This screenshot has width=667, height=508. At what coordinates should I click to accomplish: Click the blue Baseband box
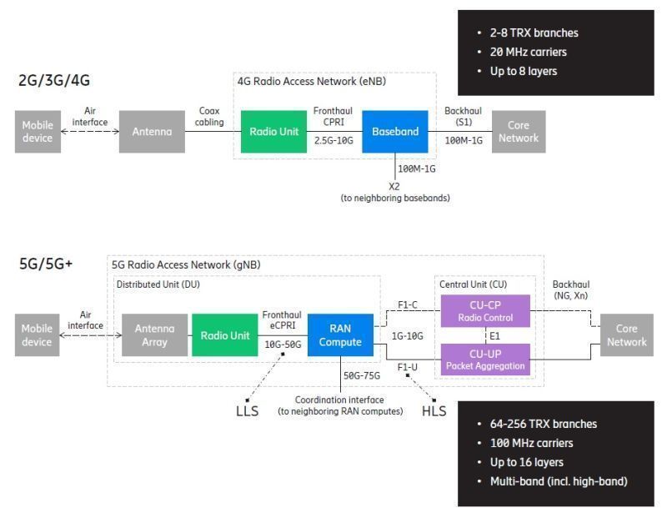click(394, 132)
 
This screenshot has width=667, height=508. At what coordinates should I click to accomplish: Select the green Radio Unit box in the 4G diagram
click(273, 132)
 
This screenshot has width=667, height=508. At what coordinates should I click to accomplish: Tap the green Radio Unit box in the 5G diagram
click(224, 334)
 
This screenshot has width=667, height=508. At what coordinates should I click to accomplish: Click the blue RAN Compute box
click(340, 334)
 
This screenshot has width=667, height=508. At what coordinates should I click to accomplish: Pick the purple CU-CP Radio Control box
click(485, 311)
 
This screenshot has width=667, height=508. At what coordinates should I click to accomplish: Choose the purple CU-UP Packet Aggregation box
click(485, 360)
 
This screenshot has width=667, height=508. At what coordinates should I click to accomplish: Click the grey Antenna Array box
click(154, 334)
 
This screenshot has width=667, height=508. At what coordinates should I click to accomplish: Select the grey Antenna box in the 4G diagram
click(152, 132)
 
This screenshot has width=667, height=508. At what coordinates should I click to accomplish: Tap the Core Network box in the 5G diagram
click(627, 334)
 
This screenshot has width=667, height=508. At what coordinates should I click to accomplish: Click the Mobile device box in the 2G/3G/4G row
click(38, 132)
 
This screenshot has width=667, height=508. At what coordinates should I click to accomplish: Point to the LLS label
click(247, 411)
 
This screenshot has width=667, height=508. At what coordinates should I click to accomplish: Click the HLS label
click(434, 411)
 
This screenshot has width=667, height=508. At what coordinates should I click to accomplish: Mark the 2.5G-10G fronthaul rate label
click(333, 140)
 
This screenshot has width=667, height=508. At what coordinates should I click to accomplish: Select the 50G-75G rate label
click(362, 375)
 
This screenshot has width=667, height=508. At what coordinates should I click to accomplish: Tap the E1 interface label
click(494, 336)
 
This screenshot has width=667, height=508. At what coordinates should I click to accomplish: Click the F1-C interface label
click(408, 304)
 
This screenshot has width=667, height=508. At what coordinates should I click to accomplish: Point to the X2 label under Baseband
click(394, 186)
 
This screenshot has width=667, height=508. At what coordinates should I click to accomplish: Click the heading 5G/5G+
click(46, 264)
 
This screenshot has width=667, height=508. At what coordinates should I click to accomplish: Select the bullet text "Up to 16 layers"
click(527, 462)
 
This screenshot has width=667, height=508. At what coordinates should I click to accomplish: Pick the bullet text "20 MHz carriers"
click(529, 52)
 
